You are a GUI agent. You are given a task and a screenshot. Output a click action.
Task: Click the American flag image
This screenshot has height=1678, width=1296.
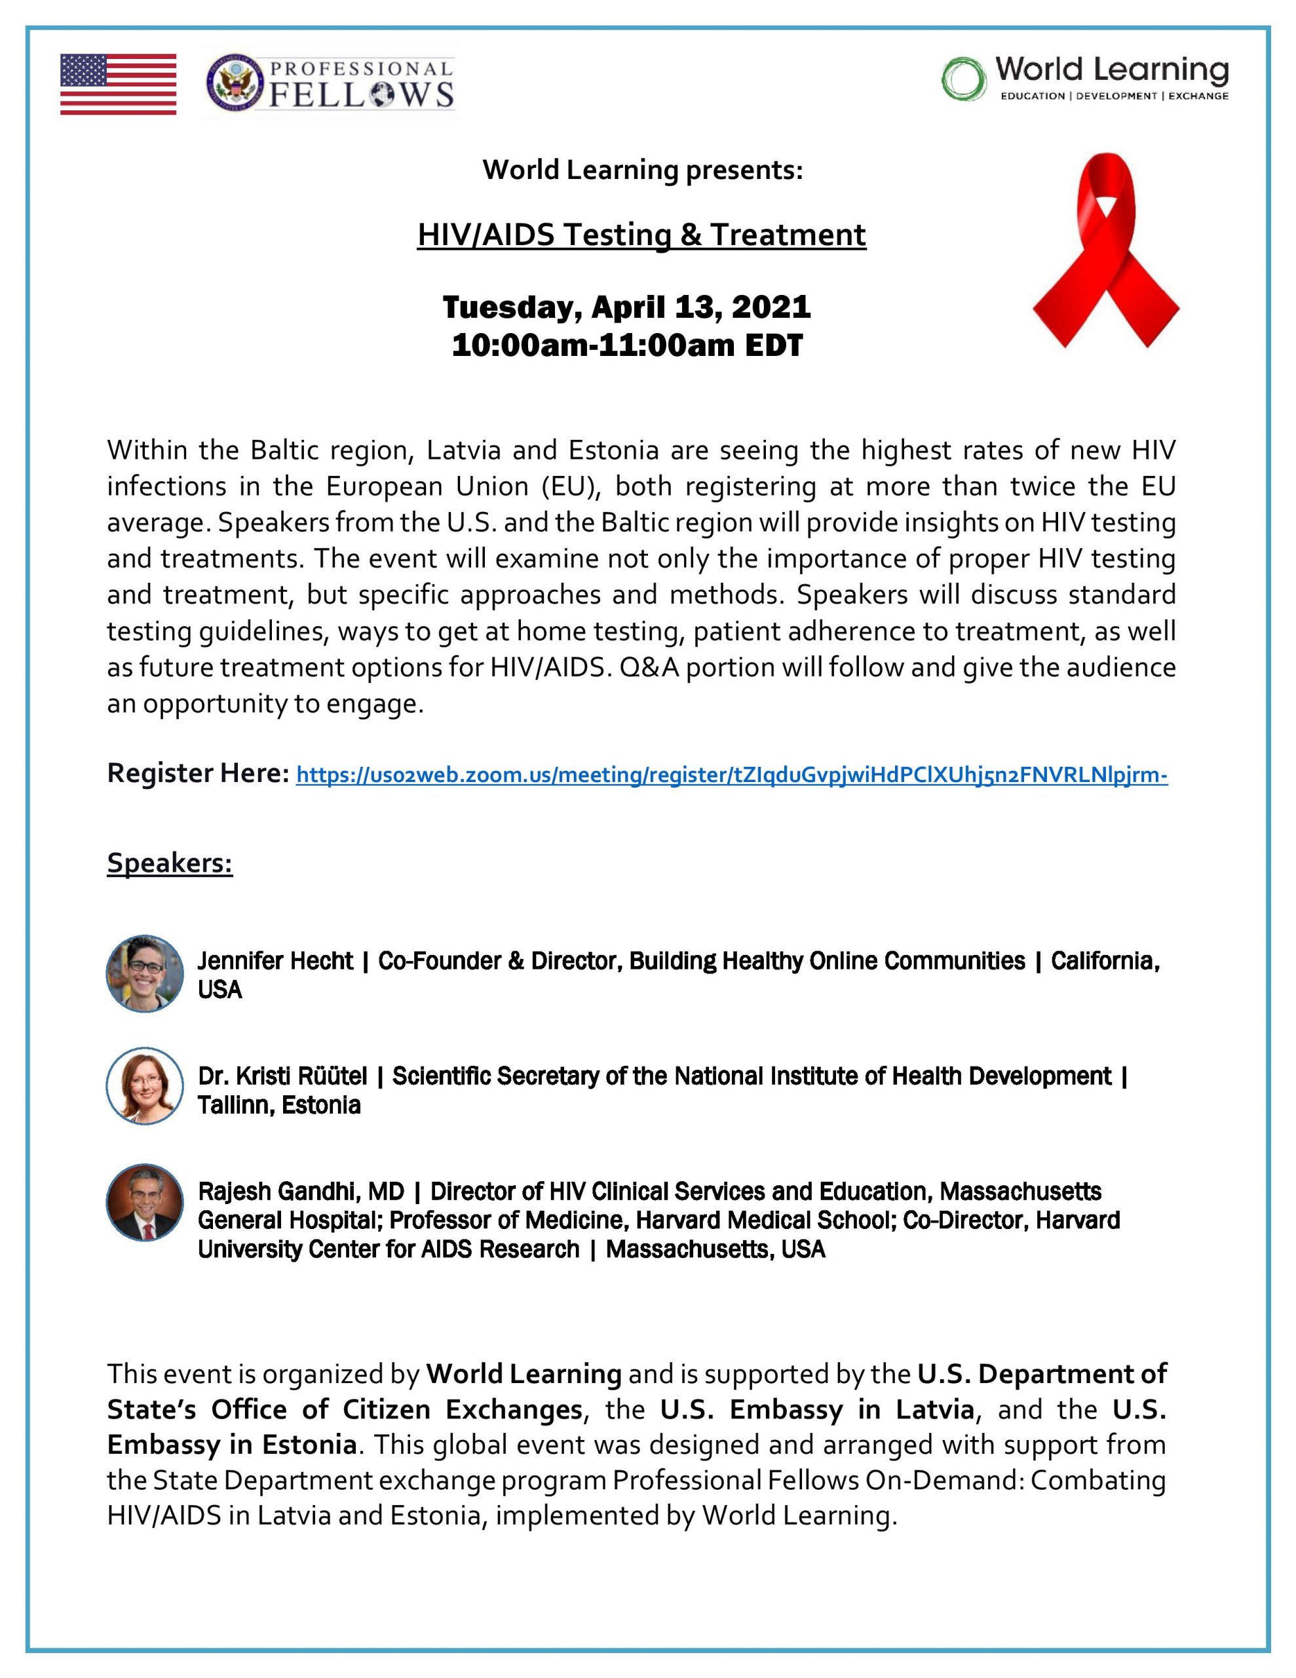tap(119, 84)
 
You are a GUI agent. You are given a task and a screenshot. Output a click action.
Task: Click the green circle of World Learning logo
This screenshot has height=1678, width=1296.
tap(963, 79)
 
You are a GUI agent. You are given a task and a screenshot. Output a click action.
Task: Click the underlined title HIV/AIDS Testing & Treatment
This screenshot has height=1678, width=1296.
tap(641, 235)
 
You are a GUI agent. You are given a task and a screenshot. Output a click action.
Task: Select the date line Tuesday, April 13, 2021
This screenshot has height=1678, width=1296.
tap(626, 307)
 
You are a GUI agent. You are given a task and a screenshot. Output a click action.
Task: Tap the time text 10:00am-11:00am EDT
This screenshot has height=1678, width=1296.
tap(626, 345)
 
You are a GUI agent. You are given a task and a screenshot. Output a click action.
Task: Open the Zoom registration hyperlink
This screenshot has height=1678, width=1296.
tap(731, 775)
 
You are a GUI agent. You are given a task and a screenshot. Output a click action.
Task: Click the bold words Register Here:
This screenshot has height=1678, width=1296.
tap(197, 773)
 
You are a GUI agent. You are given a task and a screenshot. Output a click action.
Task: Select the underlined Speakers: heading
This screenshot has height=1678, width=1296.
tap(170, 862)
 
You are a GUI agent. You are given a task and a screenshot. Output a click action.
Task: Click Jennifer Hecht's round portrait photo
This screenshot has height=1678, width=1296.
tap(144, 973)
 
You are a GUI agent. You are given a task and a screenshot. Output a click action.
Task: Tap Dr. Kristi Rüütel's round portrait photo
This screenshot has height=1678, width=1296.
tap(144, 1085)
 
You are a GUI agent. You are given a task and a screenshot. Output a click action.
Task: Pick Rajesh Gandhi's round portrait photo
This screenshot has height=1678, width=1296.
tap(144, 1202)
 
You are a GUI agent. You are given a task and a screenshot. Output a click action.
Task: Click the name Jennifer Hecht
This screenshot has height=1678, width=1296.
tap(275, 960)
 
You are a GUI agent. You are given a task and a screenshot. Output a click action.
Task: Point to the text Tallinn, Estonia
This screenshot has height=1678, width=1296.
tap(279, 1105)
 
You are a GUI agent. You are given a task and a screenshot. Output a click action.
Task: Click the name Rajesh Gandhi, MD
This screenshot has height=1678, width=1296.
tap(300, 1192)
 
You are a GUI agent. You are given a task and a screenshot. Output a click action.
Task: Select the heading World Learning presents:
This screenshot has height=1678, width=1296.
tap(642, 170)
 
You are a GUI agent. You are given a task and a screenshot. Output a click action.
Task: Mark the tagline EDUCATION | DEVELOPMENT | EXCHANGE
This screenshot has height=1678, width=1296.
tap(1114, 97)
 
